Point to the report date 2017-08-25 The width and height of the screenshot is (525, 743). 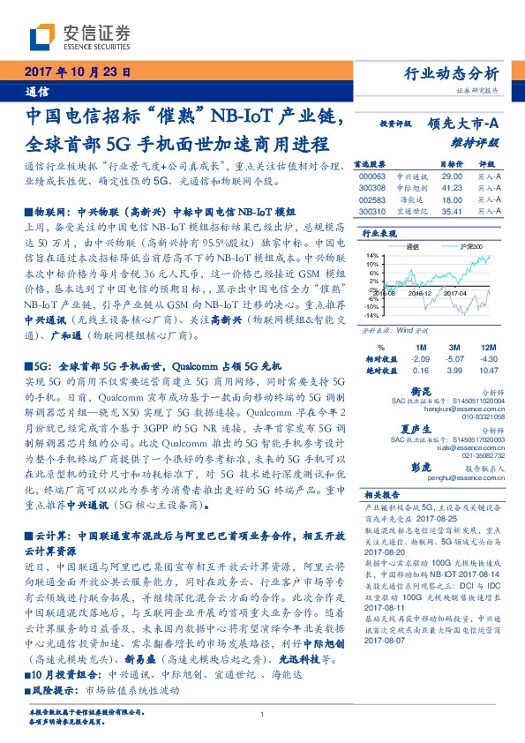tap(446, 520)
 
